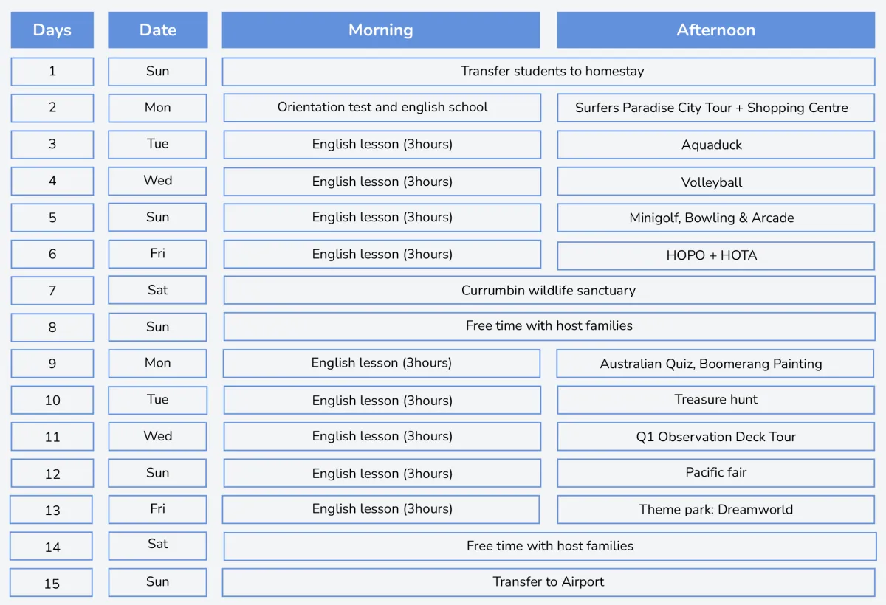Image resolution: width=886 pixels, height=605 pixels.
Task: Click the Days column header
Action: (52, 30)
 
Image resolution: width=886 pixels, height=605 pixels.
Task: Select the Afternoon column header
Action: (715, 30)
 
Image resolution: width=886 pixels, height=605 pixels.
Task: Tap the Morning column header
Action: (380, 30)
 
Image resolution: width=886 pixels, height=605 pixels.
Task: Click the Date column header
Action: (158, 30)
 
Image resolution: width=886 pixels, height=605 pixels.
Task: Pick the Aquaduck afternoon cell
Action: (715, 145)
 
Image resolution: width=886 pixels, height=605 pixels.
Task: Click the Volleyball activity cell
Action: (715, 181)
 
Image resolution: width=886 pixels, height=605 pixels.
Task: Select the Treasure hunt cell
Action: (715, 400)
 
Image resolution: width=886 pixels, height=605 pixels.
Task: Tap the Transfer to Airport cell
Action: (548, 582)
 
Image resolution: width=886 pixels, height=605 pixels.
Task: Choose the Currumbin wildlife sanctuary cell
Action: (549, 291)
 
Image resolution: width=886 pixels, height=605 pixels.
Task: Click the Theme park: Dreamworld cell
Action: (715, 509)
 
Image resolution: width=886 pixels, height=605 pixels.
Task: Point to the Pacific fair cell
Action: (715, 473)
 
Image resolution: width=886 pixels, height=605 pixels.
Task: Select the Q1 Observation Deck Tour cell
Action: (715, 437)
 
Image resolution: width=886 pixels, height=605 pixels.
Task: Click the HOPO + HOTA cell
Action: (715, 255)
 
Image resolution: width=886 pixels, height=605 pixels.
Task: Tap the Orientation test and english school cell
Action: (382, 108)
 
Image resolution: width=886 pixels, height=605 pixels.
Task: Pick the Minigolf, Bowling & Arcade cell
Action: (715, 218)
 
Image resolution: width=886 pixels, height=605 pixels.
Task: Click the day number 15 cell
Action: (52, 583)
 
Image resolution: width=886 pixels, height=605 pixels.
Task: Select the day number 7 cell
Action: (52, 291)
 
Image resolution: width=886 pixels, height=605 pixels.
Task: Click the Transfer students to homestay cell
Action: (548, 72)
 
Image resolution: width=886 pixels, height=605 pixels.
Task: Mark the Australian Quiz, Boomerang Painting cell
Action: (715, 364)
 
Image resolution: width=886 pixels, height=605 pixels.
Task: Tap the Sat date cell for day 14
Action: (158, 545)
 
